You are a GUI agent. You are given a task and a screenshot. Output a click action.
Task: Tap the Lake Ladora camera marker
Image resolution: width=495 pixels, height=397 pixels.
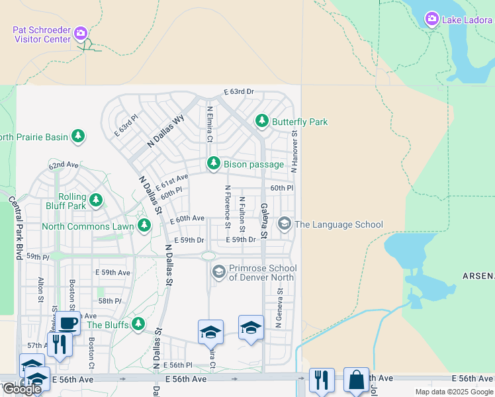click(431, 19)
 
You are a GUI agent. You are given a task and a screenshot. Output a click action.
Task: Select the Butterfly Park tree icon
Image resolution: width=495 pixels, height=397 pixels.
click(262, 122)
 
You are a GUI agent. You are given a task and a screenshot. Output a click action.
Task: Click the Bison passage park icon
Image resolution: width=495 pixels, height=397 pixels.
click(213, 163)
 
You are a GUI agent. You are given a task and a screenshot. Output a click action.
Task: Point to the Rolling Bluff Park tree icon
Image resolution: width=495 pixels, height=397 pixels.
click(96, 200)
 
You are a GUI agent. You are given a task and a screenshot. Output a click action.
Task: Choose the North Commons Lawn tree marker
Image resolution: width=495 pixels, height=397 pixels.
click(144, 226)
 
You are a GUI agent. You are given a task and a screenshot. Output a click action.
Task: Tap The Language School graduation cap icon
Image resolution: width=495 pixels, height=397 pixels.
click(284, 224)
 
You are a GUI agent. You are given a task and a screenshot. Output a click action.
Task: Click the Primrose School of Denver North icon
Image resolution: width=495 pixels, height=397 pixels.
click(218, 271)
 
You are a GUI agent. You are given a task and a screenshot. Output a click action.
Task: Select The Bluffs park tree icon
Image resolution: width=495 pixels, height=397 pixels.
click(138, 324)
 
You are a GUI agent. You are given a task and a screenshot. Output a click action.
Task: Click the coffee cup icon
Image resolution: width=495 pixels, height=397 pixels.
click(68, 323)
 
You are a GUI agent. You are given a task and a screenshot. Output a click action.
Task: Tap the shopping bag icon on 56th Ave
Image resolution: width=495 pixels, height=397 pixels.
click(357, 380)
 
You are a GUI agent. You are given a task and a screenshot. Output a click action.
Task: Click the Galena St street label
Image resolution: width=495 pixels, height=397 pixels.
click(263, 221)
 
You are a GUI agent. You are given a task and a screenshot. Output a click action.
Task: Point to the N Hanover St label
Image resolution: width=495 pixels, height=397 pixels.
click(294, 152)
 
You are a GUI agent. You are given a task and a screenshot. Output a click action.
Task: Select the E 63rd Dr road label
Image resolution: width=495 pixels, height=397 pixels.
click(239, 91)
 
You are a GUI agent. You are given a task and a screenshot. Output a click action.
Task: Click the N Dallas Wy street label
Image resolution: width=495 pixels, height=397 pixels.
click(165, 131)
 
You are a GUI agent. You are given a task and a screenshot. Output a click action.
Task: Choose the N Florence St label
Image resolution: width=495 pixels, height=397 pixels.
click(227, 206)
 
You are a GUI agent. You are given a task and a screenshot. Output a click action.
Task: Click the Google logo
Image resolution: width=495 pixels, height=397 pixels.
click(21, 389)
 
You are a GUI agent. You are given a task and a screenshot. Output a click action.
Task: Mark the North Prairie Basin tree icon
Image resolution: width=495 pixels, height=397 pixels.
click(79, 136)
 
